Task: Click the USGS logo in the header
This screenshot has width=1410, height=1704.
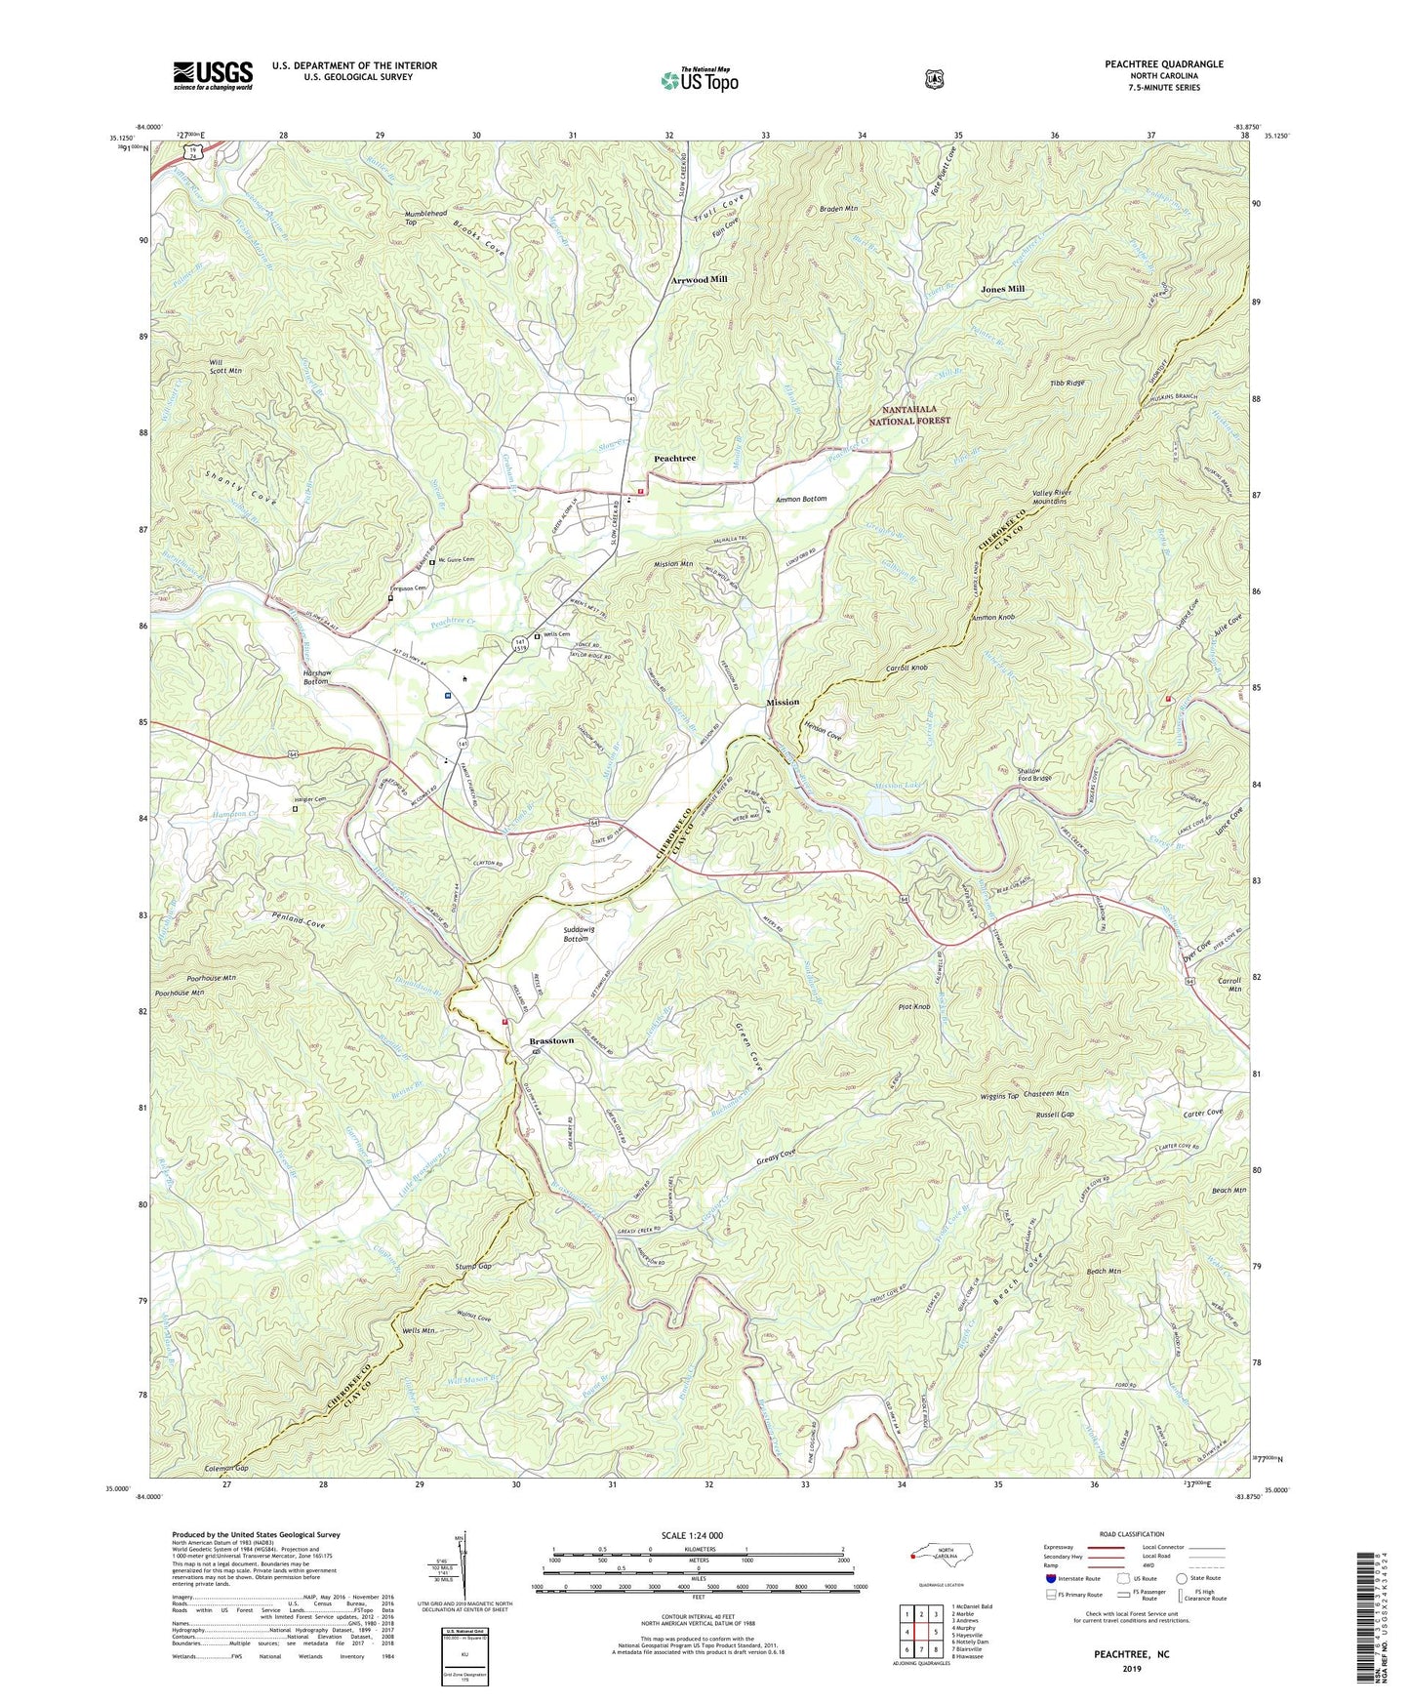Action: pos(213,75)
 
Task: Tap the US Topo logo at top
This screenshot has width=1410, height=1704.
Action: pos(698,79)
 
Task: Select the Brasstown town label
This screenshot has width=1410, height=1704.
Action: pos(551,1041)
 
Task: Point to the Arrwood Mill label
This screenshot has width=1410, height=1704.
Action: pos(699,279)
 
